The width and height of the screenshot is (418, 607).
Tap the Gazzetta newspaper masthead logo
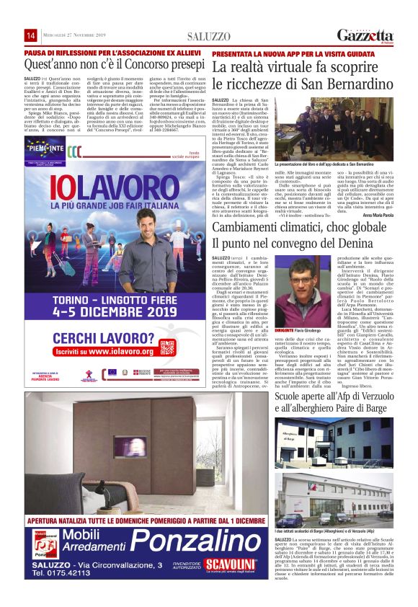tap(365, 35)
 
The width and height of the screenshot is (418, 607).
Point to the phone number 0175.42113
tap(62, 574)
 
